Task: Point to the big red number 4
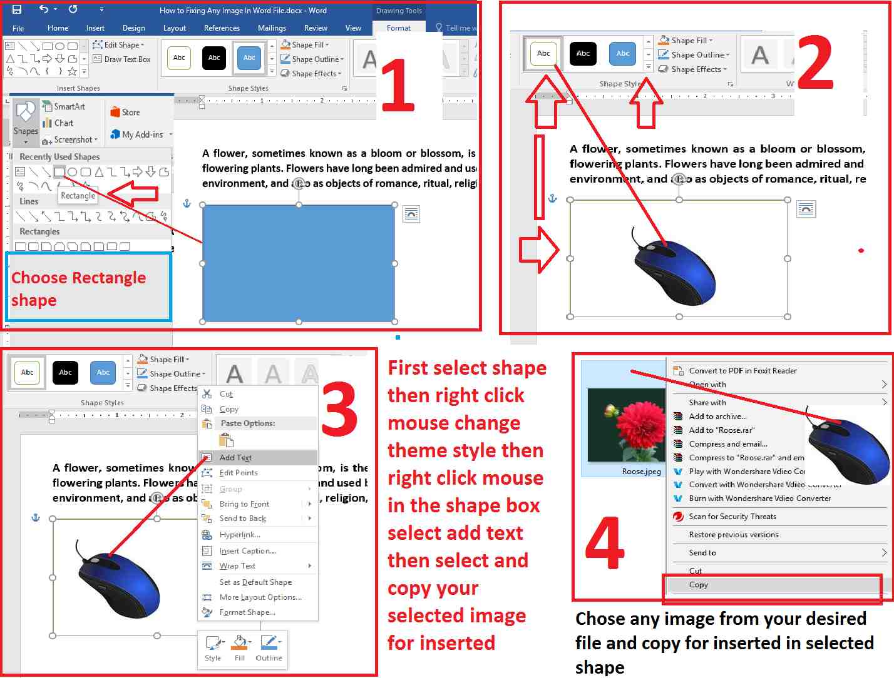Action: [x=604, y=542]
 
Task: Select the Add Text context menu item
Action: [x=235, y=458]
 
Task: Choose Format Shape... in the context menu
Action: [x=247, y=612]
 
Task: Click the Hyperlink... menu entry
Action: [x=240, y=535]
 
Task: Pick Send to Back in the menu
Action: [x=243, y=519]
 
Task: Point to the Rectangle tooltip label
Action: [x=78, y=196]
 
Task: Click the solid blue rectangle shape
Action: [x=299, y=263]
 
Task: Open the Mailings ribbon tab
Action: [x=272, y=28]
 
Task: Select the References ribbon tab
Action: [x=222, y=28]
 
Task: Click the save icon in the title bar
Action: [x=17, y=9]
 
